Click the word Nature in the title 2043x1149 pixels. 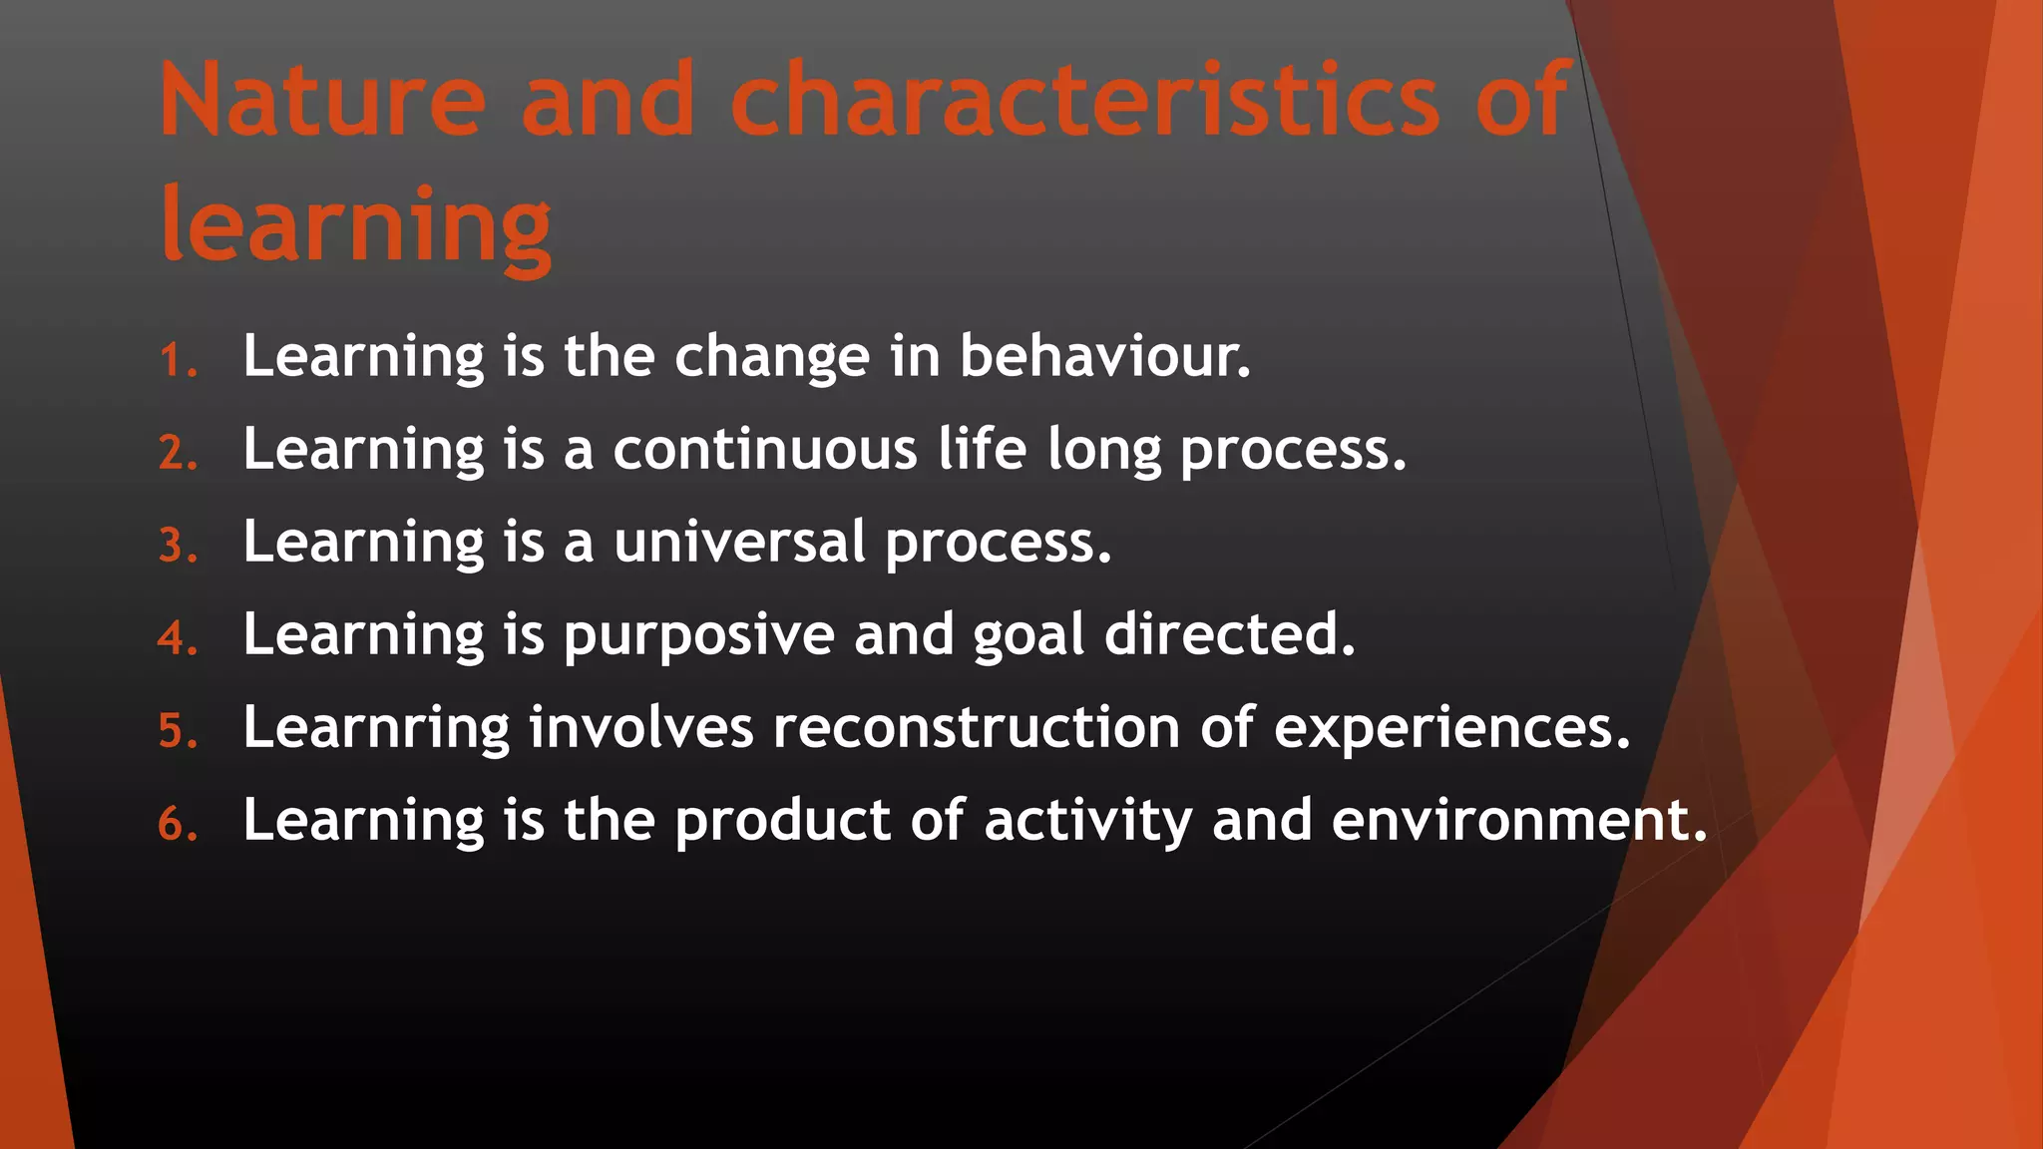(322, 100)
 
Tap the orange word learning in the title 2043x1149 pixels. (356, 225)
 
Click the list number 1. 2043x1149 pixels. (176, 360)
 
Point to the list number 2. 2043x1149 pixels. (176, 453)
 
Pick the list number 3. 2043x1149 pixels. (176, 546)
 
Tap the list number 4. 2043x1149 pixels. (176, 638)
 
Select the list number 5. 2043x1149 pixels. (176, 731)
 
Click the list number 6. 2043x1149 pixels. (176, 824)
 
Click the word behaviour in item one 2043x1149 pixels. (1103, 355)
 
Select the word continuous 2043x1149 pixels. (764, 449)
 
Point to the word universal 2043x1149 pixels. (739, 542)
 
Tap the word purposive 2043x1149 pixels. (698, 635)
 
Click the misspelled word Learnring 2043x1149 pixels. (376, 727)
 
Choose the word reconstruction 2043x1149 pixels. (977, 727)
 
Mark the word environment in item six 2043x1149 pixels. (1518, 820)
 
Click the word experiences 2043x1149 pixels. (1451, 727)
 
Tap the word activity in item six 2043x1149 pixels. (1087, 821)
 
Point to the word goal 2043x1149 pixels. (1027, 635)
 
